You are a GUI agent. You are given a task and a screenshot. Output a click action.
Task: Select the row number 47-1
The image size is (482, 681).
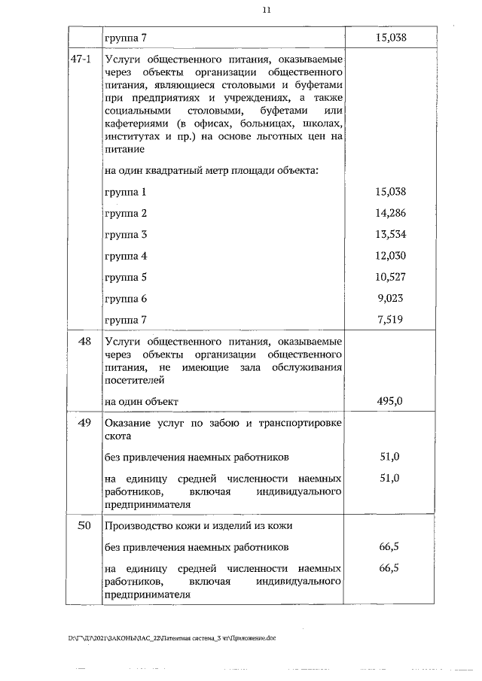click(x=81, y=59)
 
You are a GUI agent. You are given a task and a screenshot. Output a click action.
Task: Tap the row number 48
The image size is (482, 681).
click(x=84, y=342)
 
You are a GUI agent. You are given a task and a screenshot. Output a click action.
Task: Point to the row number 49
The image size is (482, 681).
click(x=84, y=423)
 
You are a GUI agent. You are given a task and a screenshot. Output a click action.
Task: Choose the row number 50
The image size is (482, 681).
click(x=84, y=525)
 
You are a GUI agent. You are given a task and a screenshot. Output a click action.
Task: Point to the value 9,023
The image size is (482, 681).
click(x=390, y=298)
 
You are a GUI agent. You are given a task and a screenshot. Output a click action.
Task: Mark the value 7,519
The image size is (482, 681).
click(x=390, y=320)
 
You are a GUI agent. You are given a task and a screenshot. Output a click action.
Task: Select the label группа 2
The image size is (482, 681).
click(x=126, y=213)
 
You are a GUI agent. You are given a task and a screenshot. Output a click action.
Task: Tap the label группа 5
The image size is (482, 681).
click(x=126, y=277)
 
